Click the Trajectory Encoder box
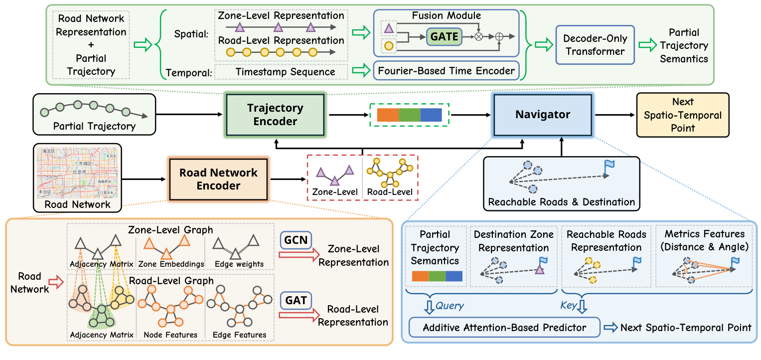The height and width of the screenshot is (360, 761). coord(275,115)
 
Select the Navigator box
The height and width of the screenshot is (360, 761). coord(543,115)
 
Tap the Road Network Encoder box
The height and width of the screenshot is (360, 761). coord(218,179)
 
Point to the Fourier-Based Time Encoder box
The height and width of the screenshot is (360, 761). coord(446,71)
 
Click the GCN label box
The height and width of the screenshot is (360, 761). coord(295,240)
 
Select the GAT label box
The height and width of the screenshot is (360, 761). coord(295,301)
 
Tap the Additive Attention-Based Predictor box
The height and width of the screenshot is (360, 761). coord(505,328)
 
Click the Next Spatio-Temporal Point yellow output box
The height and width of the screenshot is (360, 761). coord(682,115)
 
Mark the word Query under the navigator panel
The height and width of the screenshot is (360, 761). coord(450,306)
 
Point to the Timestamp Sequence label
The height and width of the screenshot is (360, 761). coord(286,72)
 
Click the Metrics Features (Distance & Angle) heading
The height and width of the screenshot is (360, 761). coord(705,240)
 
